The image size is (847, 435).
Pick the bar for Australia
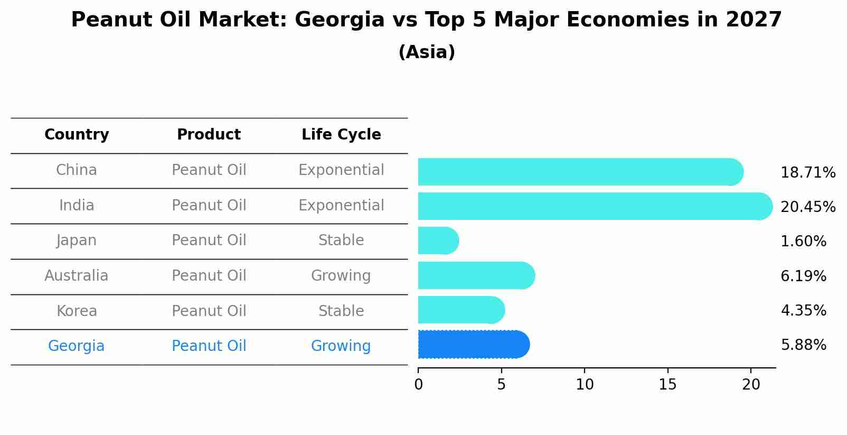click(475, 275)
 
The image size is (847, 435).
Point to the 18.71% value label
click(807, 173)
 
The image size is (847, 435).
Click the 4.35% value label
click(803, 310)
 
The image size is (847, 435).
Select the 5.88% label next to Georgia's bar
click(803, 345)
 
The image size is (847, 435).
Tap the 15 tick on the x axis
click(667, 385)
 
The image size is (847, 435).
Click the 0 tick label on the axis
click(418, 385)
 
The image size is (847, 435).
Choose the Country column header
click(77, 135)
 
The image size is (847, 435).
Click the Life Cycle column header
click(341, 135)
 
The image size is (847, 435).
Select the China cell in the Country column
click(77, 170)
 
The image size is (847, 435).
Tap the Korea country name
click(77, 311)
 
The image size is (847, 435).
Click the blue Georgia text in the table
click(77, 346)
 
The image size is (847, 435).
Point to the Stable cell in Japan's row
click(341, 240)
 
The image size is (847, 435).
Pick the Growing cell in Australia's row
click(341, 276)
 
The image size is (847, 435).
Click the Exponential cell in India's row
click(341, 206)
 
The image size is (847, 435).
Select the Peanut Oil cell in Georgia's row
click(209, 346)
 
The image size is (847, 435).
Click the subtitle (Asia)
click(427, 52)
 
